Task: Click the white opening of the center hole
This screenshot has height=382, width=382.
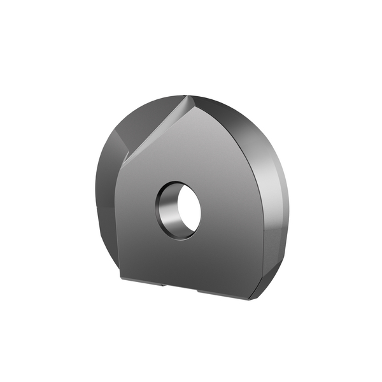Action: (187, 208)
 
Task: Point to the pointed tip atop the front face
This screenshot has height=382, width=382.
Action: (189, 97)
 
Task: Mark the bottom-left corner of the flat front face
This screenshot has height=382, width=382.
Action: (121, 278)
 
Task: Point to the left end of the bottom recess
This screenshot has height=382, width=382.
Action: (164, 285)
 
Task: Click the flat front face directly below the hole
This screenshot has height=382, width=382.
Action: (181, 261)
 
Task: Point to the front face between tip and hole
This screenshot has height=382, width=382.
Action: (185, 146)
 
